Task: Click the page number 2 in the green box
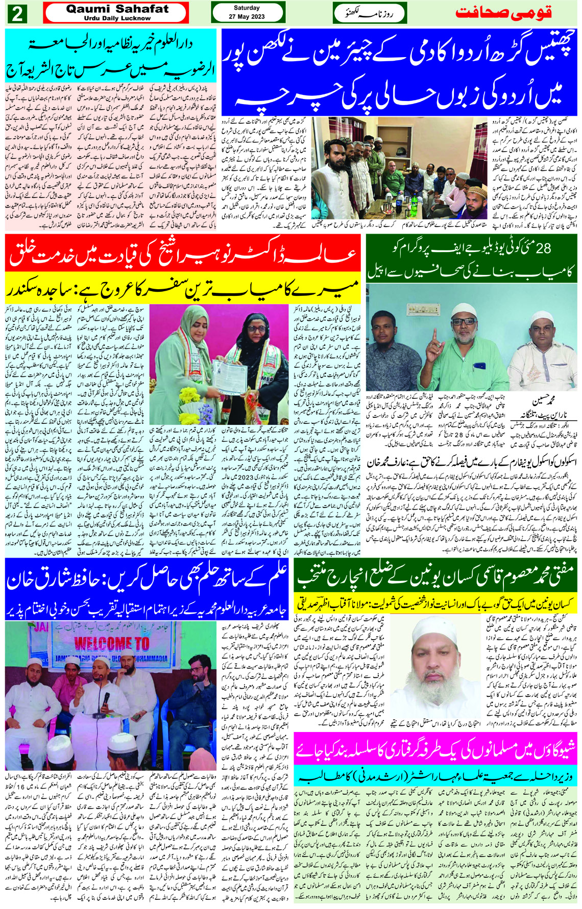[17, 14]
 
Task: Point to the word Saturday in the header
[247, 8]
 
